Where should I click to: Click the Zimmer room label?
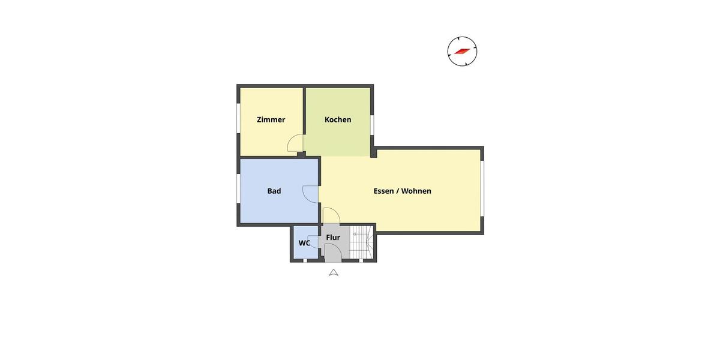tap(271, 119)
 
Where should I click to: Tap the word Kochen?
tap(338, 119)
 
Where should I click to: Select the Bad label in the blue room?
tap(274, 191)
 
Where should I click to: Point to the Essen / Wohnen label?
tap(402, 191)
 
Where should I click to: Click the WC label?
tap(304, 243)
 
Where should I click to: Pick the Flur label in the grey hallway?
tap(333, 238)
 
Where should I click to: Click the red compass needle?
tap(462, 51)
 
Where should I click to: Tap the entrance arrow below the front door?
tap(334, 272)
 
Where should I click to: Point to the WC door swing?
tap(313, 238)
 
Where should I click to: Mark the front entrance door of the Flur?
tap(334, 253)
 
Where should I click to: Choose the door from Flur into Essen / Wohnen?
tap(331, 215)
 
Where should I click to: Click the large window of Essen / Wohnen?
tap(482, 190)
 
